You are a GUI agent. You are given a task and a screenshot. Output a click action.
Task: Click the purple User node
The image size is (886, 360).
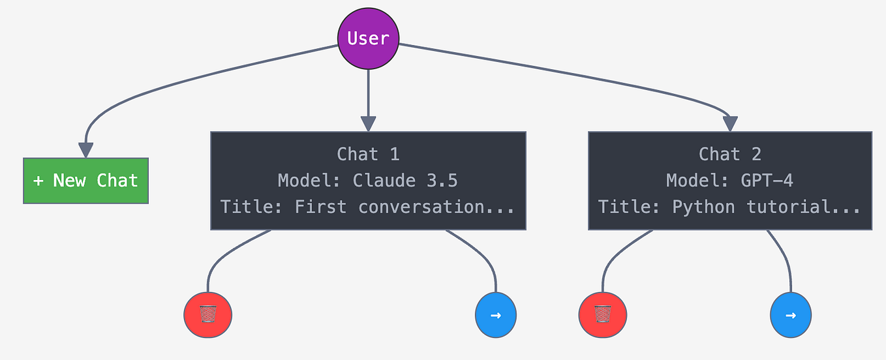pyautogui.click(x=368, y=38)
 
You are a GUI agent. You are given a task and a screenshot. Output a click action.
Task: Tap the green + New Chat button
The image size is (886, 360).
pyautogui.click(x=85, y=181)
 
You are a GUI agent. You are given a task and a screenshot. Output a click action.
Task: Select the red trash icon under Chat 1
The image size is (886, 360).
pyautogui.click(x=207, y=315)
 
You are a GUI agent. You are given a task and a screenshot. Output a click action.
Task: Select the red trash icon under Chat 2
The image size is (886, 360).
pyautogui.click(x=602, y=315)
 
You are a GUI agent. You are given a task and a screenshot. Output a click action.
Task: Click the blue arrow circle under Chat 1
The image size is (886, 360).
pyautogui.click(x=496, y=315)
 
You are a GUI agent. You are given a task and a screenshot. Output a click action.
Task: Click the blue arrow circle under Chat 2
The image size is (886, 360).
pyautogui.click(x=791, y=315)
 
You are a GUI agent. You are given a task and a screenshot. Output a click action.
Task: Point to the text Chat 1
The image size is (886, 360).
pyautogui.click(x=368, y=155)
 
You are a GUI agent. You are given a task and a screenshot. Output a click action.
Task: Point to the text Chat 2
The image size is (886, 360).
pyautogui.click(x=730, y=155)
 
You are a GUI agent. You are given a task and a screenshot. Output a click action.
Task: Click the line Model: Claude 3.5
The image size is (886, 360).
pyautogui.click(x=368, y=181)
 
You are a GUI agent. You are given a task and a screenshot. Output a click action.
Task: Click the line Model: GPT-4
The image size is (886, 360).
pyautogui.click(x=730, y=181)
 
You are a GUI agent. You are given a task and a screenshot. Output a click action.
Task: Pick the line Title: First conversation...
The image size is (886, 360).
pyautogui.click(x=368, y=207)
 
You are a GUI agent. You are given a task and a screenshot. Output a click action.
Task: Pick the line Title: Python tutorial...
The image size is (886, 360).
pyautogui.click(x=730, y=207)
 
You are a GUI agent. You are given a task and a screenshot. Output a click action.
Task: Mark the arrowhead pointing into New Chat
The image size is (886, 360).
pyautogui.click(x=85, y=150)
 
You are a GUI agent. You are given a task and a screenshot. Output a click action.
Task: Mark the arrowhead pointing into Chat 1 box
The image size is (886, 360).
pyautogui.click(x=368, y=124)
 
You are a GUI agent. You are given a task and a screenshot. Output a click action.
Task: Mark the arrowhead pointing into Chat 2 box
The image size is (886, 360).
pyautogui.click(x=730, y=124)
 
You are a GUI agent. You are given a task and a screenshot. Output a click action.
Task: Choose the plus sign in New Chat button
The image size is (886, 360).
pyautogui.click(x=38, y=181)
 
